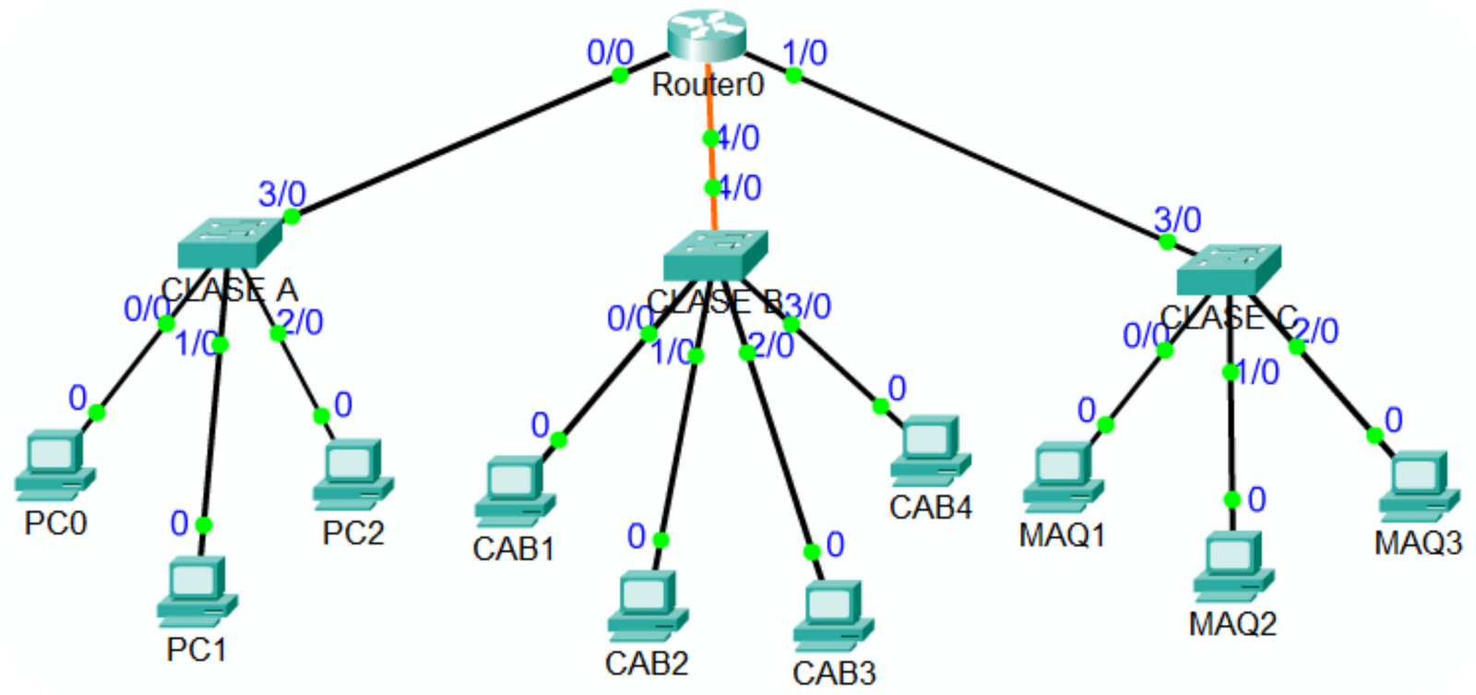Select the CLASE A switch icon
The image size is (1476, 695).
229,243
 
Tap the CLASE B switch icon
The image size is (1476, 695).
715,255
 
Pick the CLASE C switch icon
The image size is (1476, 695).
1228,269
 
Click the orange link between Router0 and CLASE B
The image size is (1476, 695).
710,162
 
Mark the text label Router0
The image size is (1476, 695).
708,85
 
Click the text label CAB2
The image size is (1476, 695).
647,663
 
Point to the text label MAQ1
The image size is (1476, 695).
1062,534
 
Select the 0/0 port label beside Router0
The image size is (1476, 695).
610,53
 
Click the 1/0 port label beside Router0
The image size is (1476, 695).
805,53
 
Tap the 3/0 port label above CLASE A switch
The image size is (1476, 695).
281,194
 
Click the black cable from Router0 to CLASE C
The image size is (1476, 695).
978,157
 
